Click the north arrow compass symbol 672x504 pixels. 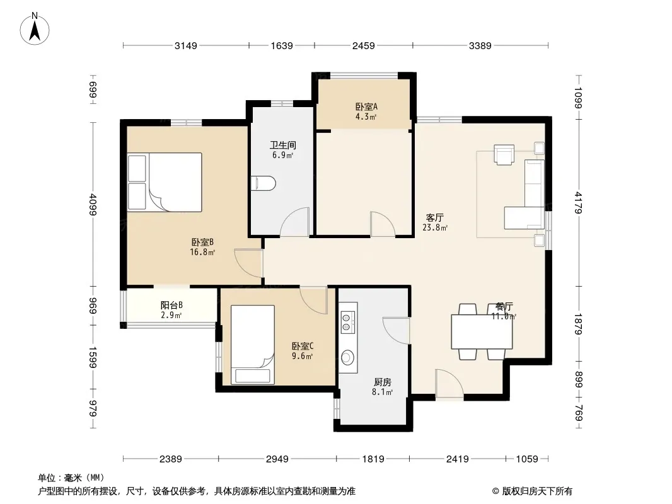[35, 29]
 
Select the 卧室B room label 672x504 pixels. [202, 243]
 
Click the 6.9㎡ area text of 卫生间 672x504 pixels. [283, 155]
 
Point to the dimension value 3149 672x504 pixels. [185, 45]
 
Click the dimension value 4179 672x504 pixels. [579, 202]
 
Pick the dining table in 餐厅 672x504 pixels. [482, 332]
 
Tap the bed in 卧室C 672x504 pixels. [253, 345]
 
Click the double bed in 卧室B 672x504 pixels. [165, 182]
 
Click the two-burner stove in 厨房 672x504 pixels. [348, 323]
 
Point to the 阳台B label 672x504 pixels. [171, 306]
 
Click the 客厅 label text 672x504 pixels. [434, 218]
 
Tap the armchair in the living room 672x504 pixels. [504, 154]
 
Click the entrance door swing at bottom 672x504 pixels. [449, 384]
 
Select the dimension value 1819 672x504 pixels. [373, 459]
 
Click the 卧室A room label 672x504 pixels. [366, 106]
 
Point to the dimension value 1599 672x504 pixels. [93, 357]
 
